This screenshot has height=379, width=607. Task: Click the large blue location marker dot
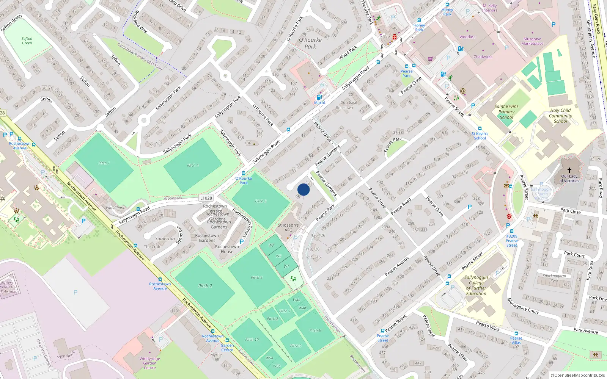[303, 189]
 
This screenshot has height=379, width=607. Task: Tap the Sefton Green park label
[27, 41]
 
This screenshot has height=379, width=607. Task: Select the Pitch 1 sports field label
[104, 163]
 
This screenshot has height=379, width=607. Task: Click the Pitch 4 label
[193, 165]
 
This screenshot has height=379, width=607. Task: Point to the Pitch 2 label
[205, 286]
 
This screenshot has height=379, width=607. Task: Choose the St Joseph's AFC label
[288, 227]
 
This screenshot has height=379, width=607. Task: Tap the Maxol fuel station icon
[319, 97]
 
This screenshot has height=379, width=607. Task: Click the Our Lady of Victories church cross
[569, 170]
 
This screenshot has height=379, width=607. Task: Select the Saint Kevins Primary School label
[506, 112]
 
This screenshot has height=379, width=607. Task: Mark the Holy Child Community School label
[560, 116]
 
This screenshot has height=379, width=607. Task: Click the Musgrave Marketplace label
[532, 41]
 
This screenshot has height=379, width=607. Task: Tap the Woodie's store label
[467, 37]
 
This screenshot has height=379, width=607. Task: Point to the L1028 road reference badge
[206, 198]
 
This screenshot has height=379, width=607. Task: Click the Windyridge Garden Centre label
[150, 363]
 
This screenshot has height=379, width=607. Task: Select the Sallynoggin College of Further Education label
[476, 285]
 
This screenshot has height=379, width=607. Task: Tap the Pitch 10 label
[252, 340]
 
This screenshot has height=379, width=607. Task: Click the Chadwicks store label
[483, 57]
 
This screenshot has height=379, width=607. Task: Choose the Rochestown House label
[227, 249]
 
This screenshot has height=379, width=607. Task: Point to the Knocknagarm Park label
[554, 278]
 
